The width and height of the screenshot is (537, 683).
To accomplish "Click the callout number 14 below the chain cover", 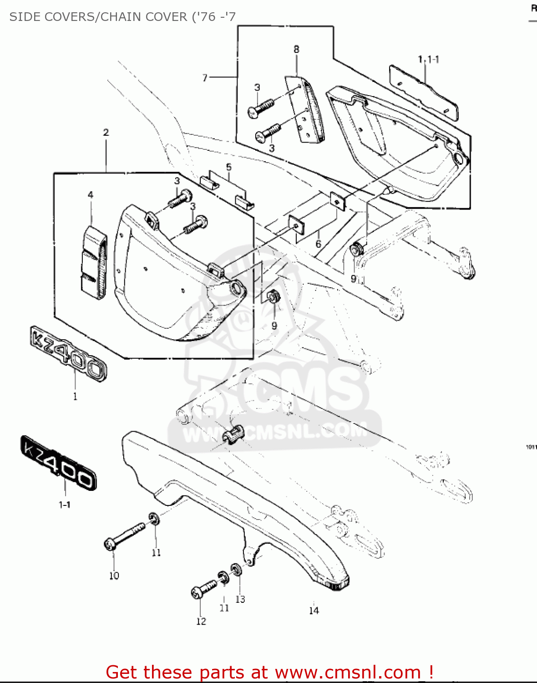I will [x=314, y=611].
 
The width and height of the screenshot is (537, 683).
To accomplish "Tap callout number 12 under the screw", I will [x=201, y=622].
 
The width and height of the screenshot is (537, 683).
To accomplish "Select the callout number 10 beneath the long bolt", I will [x=114, y=576].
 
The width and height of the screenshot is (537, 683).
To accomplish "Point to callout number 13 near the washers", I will [x=240, y=600].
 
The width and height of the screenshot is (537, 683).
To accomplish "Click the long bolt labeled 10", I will [x=126, y=536].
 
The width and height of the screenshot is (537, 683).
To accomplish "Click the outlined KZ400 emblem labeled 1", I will [x=69, y=353].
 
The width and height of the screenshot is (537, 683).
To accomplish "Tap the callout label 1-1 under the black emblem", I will [x=65, y=505].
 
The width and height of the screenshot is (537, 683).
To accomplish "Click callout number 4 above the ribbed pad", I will [x=91, y=195].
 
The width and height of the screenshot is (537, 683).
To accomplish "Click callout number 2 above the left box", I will [x=106, y=133].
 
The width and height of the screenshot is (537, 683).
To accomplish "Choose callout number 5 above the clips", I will [x=228, y=167].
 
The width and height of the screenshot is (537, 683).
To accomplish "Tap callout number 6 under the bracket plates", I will [x=318, y=244].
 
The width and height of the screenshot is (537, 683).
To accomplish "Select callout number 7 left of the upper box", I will [x=205, y=78].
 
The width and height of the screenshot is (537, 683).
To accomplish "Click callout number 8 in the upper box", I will [x=296, y=49].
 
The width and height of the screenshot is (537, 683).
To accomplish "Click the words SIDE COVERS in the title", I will [x=50, y=17].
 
